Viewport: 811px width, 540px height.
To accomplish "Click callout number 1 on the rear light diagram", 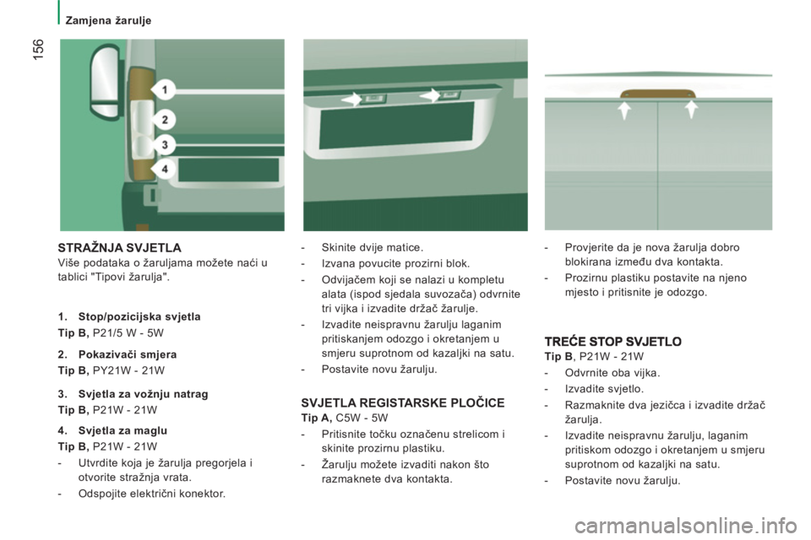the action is point(165,90).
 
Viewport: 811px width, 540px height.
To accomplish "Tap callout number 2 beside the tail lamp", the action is point(165,120).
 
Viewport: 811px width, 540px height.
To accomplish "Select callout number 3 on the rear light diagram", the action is point(165,144).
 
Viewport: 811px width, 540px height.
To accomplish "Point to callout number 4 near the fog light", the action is point(165,169).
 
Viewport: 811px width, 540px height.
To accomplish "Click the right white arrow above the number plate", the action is point(430,95).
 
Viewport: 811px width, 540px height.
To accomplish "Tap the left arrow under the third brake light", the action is point(625,110).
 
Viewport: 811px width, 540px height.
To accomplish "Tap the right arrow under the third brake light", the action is point(691,109).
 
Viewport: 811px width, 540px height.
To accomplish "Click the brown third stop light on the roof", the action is point(658,93).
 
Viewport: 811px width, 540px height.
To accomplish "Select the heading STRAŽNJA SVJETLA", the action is point(119,248).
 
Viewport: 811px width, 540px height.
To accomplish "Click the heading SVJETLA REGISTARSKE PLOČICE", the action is point(403,403).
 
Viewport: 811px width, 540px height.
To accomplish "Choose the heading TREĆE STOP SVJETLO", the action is point(613,342).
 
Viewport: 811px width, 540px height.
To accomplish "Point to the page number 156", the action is point(38,49).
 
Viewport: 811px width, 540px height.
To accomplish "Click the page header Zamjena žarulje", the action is point(108,20).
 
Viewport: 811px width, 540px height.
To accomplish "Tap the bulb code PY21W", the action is point(111,370).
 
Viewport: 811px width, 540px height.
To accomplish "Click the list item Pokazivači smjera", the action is point(128,354).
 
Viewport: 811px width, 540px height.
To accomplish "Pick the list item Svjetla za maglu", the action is point(122,430).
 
